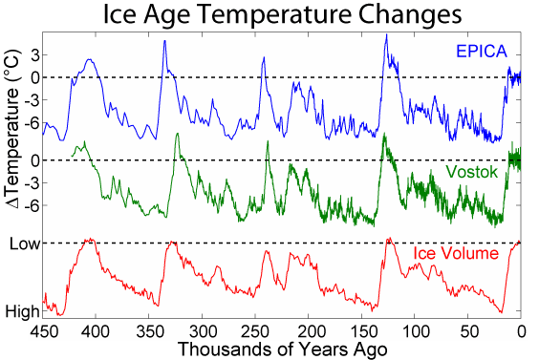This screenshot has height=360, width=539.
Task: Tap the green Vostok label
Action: pyautogui.click(x=474, y=173)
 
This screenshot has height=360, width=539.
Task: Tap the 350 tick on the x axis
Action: pyautogui.click(x=149, y=330)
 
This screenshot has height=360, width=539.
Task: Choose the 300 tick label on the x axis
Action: pyautogui.click(x=203, y=330)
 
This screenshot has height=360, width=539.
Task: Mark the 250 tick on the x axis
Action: pyautogui.click(x=255, y=330)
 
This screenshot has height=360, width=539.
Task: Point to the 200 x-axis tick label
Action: pyautogui.click(x=309, y=330)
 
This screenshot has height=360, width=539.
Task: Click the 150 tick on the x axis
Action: pyautogui.click(x=362, y=330)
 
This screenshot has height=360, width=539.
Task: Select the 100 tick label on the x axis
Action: pyautogui.click(x=415, y=330)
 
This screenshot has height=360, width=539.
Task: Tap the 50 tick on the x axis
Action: pyautogui.click(x=468, y=330)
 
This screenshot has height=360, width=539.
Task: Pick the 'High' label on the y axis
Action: pyautogui.click(x=22, y=311)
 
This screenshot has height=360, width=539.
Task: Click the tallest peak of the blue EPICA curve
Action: pyautogui.click(x=386, y=35)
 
